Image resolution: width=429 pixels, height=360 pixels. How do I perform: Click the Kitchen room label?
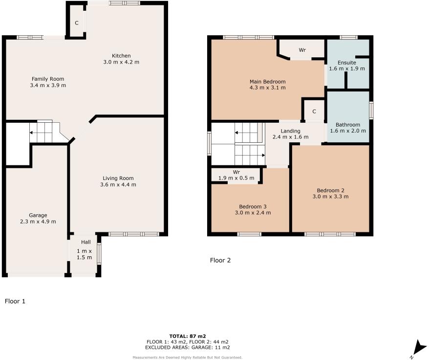pos(121,55)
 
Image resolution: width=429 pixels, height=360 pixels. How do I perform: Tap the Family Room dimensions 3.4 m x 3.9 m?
pos(48,85)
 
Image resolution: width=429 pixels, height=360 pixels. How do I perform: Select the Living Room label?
pos(118,178)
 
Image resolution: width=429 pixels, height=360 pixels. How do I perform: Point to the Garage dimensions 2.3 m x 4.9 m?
pos(38,222)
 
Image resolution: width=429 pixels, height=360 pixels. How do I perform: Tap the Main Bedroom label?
pos(267,81)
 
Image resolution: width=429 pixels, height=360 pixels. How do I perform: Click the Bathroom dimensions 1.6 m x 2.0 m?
pos(348,131)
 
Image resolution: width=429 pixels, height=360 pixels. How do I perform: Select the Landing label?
pos(290,131)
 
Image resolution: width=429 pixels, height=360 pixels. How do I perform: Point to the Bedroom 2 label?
pos(330,190)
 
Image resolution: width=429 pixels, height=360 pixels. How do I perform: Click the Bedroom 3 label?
pos(252,206)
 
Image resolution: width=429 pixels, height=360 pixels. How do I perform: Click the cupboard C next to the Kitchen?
pos(77,23)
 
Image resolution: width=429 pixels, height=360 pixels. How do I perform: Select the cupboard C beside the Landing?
pos(314,112)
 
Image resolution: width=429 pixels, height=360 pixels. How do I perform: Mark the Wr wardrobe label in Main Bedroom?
pos(302,50)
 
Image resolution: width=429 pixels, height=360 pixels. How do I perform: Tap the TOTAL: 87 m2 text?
pos(188,336)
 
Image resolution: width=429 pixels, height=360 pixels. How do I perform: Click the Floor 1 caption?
pos(15,301)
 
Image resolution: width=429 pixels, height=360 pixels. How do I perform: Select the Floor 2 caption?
pos(220,260)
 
